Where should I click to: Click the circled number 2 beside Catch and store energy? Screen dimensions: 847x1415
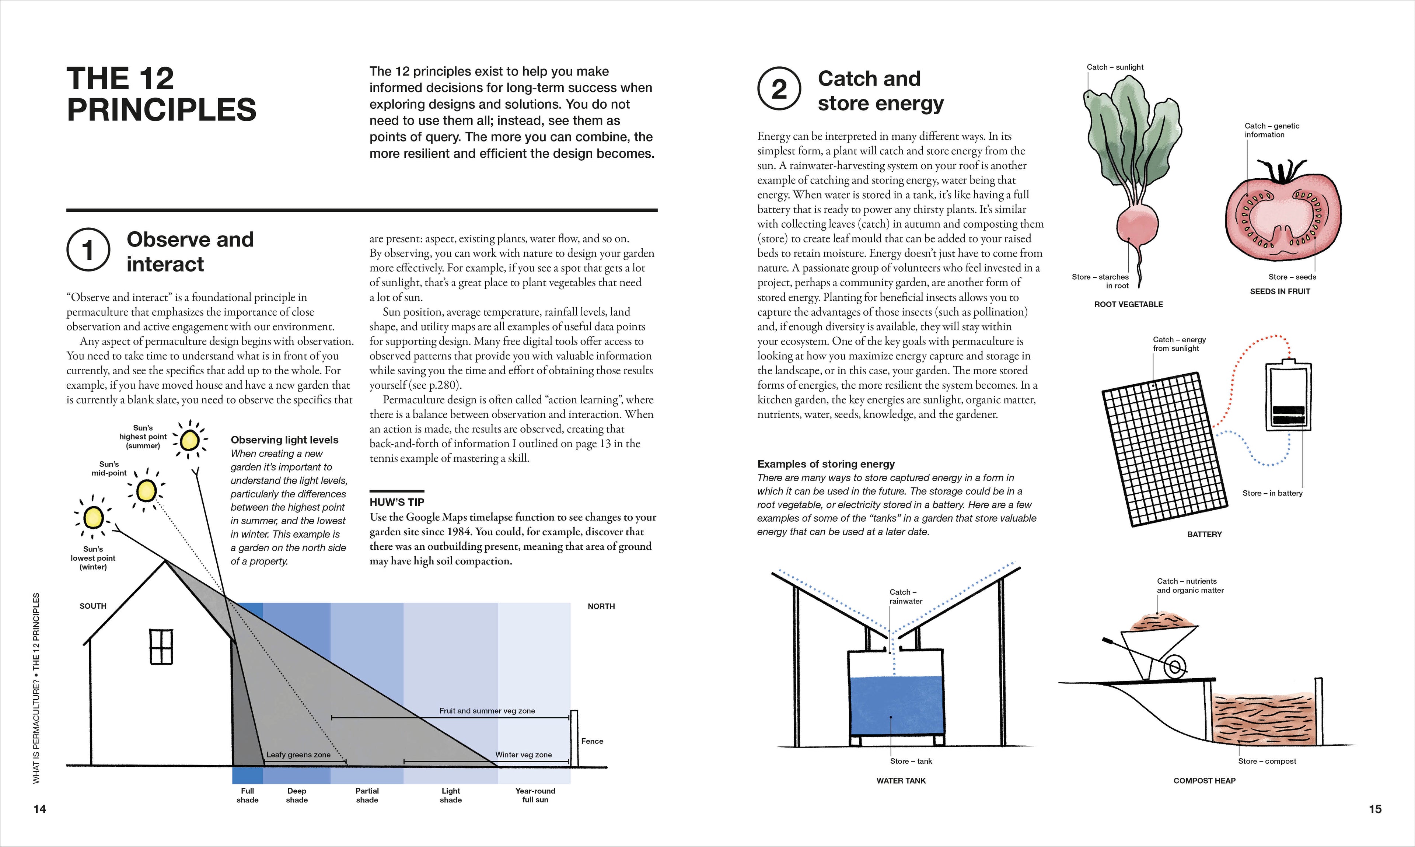coord(779,90)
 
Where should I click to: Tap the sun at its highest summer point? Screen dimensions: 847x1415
coord(189,440)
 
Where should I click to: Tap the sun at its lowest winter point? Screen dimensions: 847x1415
coord(92,518)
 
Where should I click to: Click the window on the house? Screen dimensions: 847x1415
coord(161,647)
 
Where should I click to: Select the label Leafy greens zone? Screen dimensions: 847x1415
coord(298,755)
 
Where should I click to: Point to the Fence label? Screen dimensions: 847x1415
coord(592,741)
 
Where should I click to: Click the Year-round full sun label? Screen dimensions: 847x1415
coord(535,795)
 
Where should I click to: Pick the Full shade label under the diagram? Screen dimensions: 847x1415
coord(247,795)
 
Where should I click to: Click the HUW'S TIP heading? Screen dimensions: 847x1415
coord(397,502)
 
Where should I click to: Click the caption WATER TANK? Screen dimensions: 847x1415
coord(901,780)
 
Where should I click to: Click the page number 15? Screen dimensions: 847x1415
coord(1375,809)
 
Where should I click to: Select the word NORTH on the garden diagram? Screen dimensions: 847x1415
coord(601,606)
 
